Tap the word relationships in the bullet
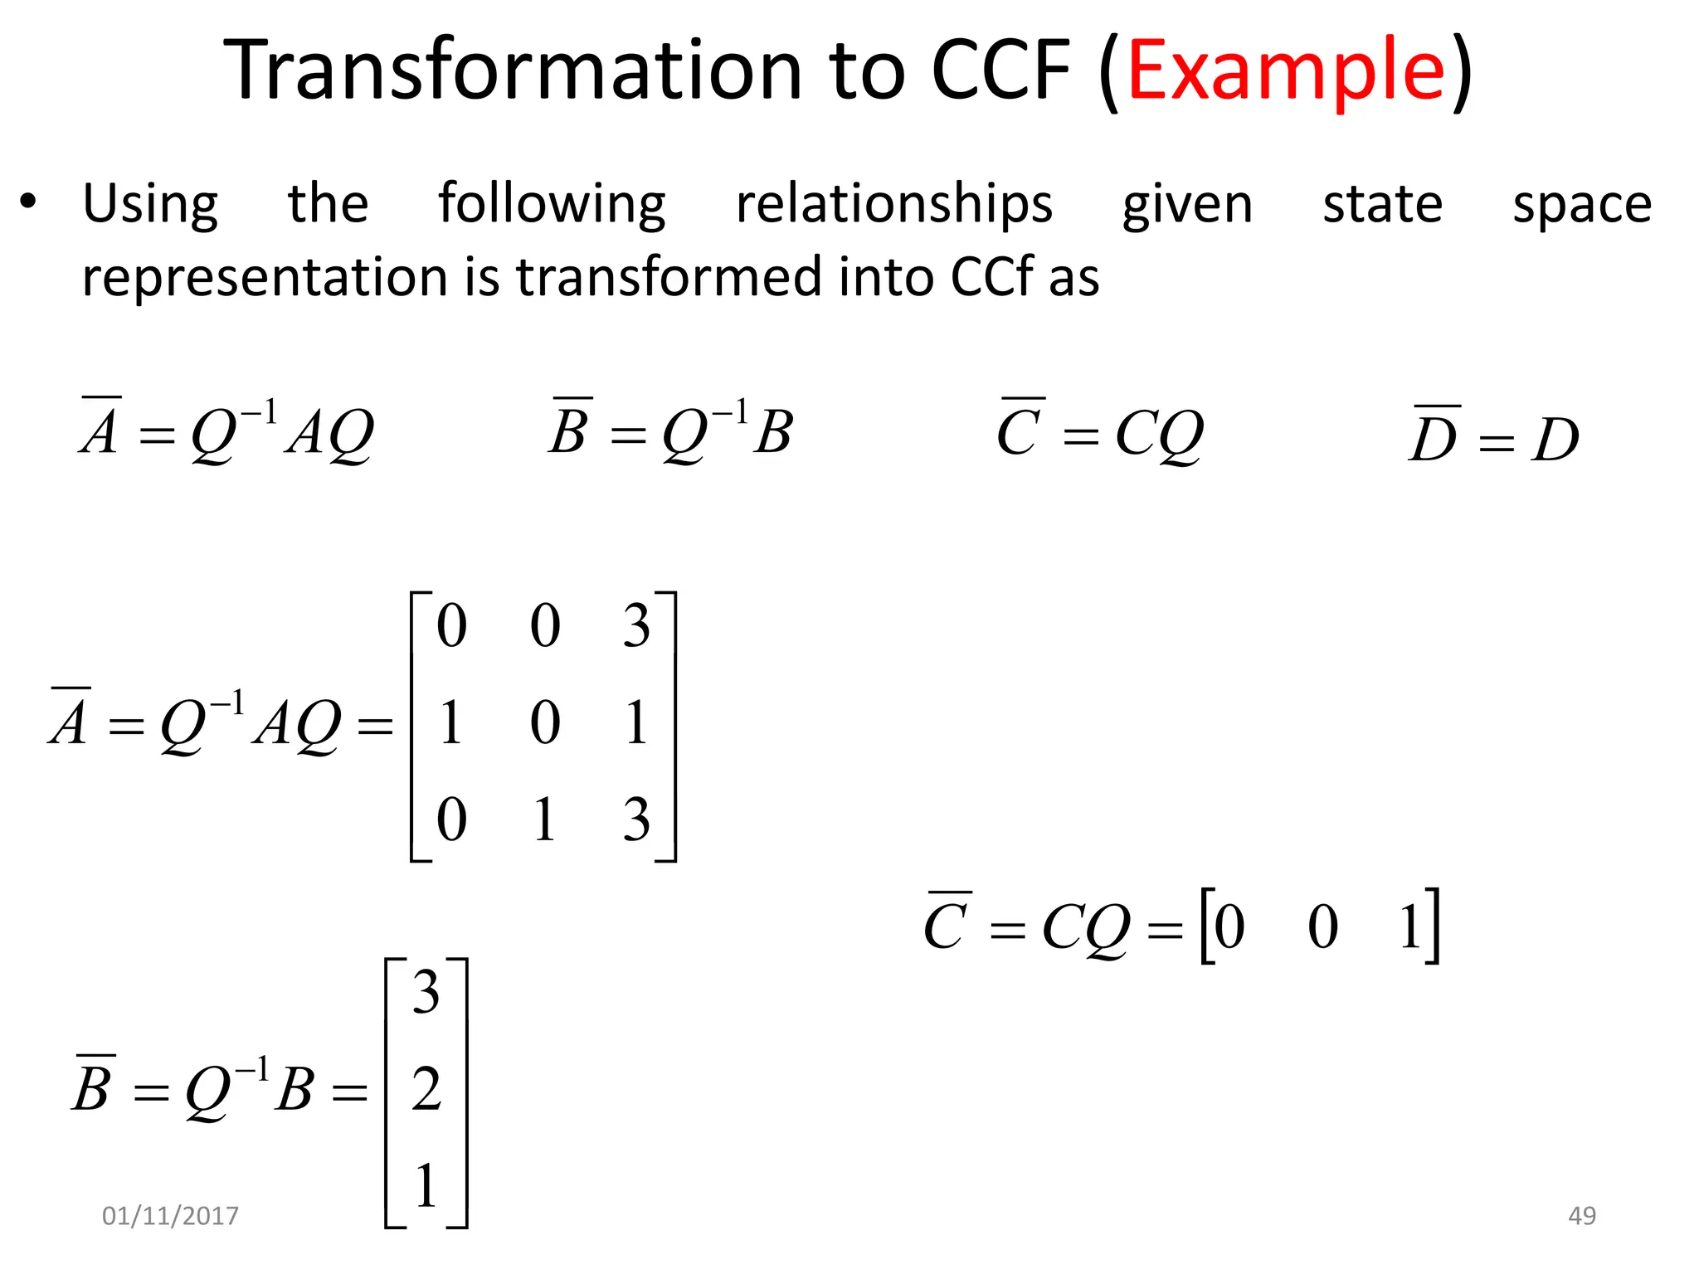[x=893, y=204]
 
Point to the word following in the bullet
[x=552, y=204]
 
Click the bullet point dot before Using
[x=29, y=202]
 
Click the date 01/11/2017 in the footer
[x=170, y=1215]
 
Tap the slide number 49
[x=1581, y=1215]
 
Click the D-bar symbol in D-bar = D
[x=1434, y=436]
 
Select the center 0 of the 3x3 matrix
[x=545, y=722]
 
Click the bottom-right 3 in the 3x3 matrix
[x=636, y=819]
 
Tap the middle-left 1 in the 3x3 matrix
[x=450, y=722]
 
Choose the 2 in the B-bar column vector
[x=426, y=1088]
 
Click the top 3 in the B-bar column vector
[x=426, y=992]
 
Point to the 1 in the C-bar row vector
[x=1410, y=926]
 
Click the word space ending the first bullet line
[x=1581, y=204]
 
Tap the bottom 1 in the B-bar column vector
[x=426, y=1185]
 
